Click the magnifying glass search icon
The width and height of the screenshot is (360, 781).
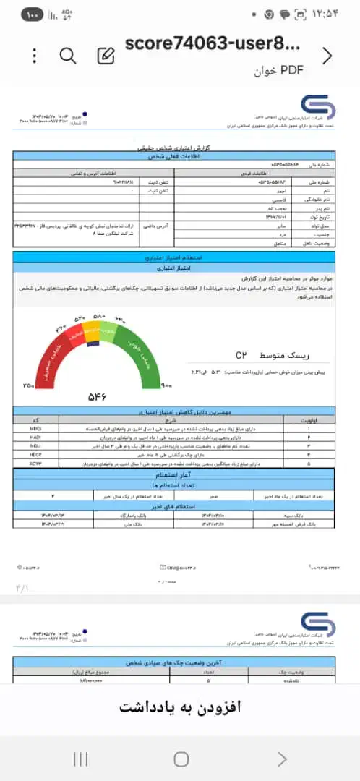(68, 56)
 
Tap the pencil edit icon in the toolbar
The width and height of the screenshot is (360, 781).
(106, 56)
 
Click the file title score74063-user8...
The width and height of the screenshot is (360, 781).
(211, 45)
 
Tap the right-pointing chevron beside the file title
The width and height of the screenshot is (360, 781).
(327, 56)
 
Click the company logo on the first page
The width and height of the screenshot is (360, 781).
(317, 111)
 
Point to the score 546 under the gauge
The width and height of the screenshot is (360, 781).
(98, 397)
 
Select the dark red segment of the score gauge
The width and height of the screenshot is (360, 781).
(51, 358)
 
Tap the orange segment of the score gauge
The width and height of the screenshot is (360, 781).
(92, 333)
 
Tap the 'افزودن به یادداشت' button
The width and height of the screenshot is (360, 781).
(179, 705)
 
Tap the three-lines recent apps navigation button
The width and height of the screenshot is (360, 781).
(81, 759)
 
